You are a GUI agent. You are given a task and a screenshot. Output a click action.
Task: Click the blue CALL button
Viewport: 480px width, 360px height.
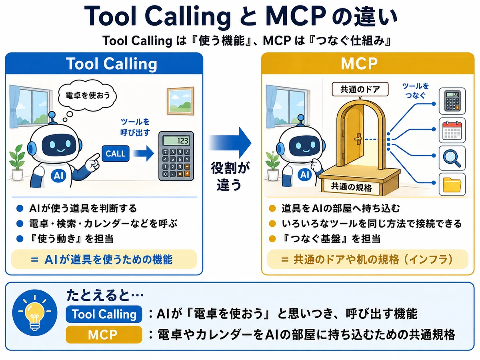click(x=116, y=154)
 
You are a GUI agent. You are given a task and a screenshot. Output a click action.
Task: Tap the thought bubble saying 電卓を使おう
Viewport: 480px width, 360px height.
click(x=88, y=96)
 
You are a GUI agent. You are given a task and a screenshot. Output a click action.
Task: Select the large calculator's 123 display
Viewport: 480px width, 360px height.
click(x=176, y=140)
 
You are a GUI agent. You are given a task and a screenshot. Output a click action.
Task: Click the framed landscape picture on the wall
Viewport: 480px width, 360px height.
click(x=180, y=101)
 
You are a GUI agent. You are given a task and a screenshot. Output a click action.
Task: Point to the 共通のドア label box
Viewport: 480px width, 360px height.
click(x=360, y=89)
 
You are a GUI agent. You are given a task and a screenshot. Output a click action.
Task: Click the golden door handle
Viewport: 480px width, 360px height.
click(x=358, y=139)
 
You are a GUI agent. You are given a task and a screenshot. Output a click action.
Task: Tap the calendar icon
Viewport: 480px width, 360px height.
click(x=452, y=130)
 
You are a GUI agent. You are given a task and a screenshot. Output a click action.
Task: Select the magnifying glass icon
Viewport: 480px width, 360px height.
click(x=452, y=158)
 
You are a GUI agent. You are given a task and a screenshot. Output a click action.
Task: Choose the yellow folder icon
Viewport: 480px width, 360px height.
click(x=452, y=184)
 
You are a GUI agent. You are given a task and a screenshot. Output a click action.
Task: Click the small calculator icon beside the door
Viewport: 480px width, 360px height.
click(x=452, y=101)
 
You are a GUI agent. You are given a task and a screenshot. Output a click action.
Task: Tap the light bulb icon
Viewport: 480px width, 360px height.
click(x=35, y=313)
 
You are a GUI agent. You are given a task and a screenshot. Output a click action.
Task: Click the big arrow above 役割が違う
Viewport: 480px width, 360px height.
click(x=230, y=143)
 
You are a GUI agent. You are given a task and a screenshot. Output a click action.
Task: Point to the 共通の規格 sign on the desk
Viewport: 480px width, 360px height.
click(x=352, y=187)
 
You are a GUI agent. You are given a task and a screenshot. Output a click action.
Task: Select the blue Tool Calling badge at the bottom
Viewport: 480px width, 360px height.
click(x=104, y=314)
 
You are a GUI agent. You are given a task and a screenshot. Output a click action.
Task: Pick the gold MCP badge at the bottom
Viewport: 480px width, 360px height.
click(x=104, y=335)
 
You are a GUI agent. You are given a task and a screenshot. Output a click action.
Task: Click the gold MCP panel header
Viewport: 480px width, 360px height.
click(x=368, y=63)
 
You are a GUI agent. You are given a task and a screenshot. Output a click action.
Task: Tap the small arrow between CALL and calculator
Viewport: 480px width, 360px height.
click(x=143, y=154)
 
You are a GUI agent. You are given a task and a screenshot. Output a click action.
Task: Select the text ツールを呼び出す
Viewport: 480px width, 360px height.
click(x=135, y=127)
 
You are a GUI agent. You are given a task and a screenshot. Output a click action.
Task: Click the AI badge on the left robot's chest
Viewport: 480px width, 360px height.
click(x=58, y=176)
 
